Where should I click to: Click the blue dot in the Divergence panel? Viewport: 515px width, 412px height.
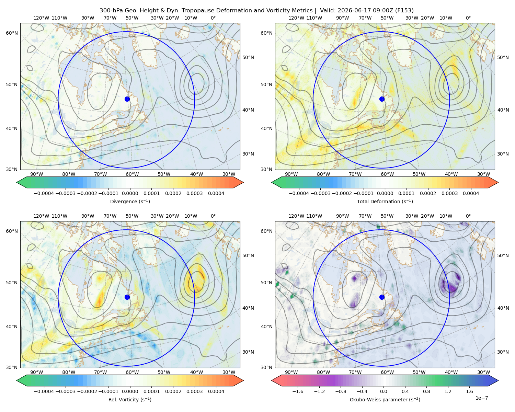tap(127, 99)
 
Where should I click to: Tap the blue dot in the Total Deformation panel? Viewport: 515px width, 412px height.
tap(382, 99)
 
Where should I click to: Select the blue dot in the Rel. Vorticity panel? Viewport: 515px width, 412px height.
tap(127, 297)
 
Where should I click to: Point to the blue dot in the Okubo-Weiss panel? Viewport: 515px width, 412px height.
tap(382, 297)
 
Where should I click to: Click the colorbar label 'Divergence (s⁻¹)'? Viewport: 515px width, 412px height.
tap(130, 202)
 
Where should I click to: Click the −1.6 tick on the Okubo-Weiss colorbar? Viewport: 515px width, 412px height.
tap(298, 391)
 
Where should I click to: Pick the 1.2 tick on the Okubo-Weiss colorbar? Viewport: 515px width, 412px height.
tap(448, 391)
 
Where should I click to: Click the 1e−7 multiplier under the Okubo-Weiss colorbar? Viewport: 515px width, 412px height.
tap(481, 398)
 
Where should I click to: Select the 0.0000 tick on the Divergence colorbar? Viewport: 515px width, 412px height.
tap(130, 193)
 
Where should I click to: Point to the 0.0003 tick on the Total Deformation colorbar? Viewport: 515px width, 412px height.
tap(449, 193)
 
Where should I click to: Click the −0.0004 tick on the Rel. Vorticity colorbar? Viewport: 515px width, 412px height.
tap(44, 391)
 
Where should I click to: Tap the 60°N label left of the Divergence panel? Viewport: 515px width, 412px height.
tap(12, 33)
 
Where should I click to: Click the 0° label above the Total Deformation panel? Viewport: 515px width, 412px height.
tap(468, 18)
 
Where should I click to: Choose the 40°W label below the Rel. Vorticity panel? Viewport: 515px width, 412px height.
tap(196, 372)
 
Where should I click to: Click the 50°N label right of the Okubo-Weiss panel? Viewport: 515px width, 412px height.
tap(503, 255)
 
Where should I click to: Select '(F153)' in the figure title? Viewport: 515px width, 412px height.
tap(404, 11)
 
